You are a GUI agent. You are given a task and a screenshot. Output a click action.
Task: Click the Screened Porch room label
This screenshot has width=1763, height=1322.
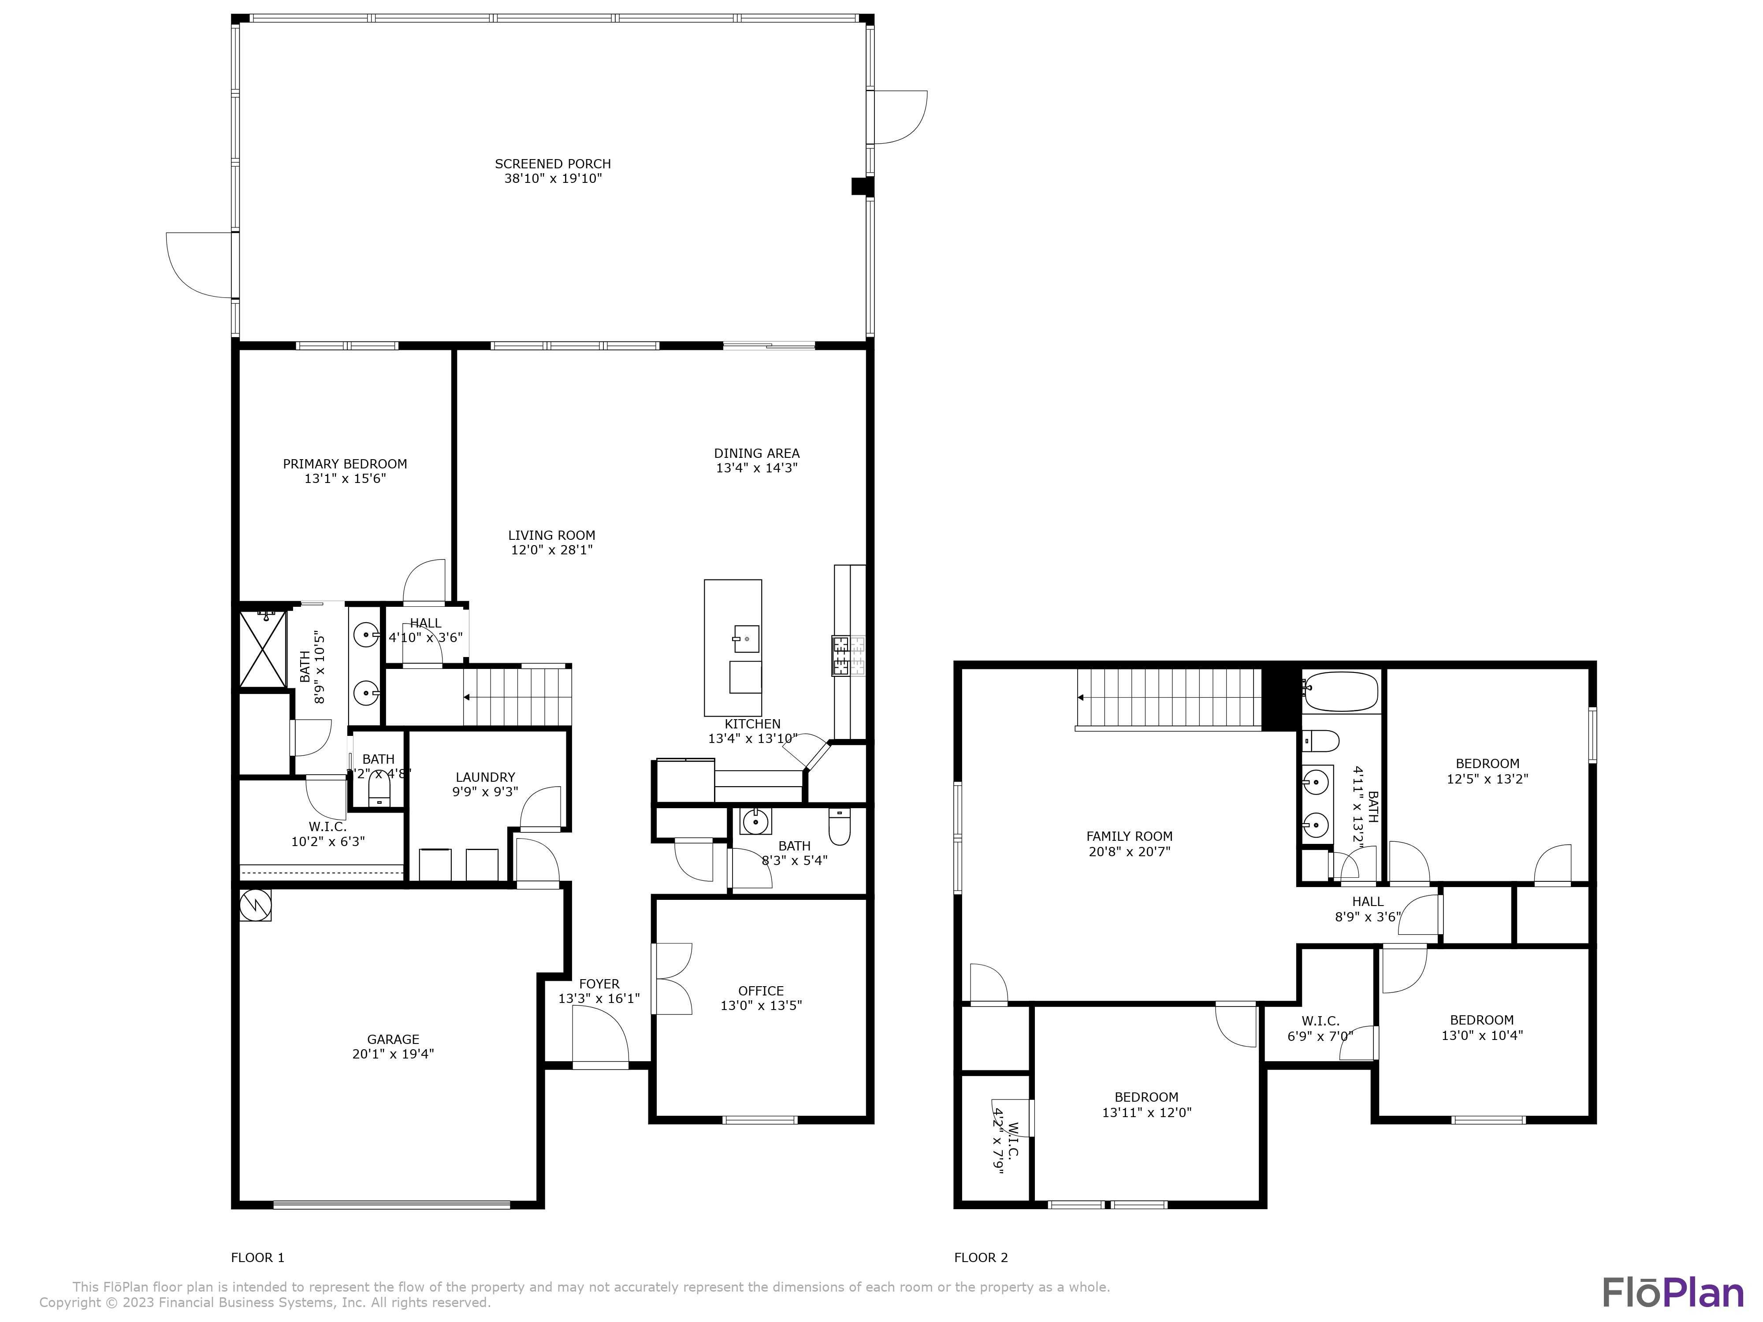click(x=552, y=163)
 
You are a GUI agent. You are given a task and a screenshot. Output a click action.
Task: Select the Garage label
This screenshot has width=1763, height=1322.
click(x=393, y=1039)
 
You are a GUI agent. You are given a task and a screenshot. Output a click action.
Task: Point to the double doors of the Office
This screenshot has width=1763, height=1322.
click(x=671, y=979)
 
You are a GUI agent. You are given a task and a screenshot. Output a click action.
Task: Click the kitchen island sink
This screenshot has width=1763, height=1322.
click(x=746, y=638)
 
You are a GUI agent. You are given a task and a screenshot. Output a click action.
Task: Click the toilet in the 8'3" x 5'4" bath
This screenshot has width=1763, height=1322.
click(x=839, y=827)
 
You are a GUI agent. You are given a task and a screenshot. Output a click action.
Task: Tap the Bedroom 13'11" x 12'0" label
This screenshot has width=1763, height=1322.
click(x=1146, y=1097)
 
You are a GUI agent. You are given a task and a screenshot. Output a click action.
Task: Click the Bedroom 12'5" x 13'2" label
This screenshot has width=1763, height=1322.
click(x=1487, y=763)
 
